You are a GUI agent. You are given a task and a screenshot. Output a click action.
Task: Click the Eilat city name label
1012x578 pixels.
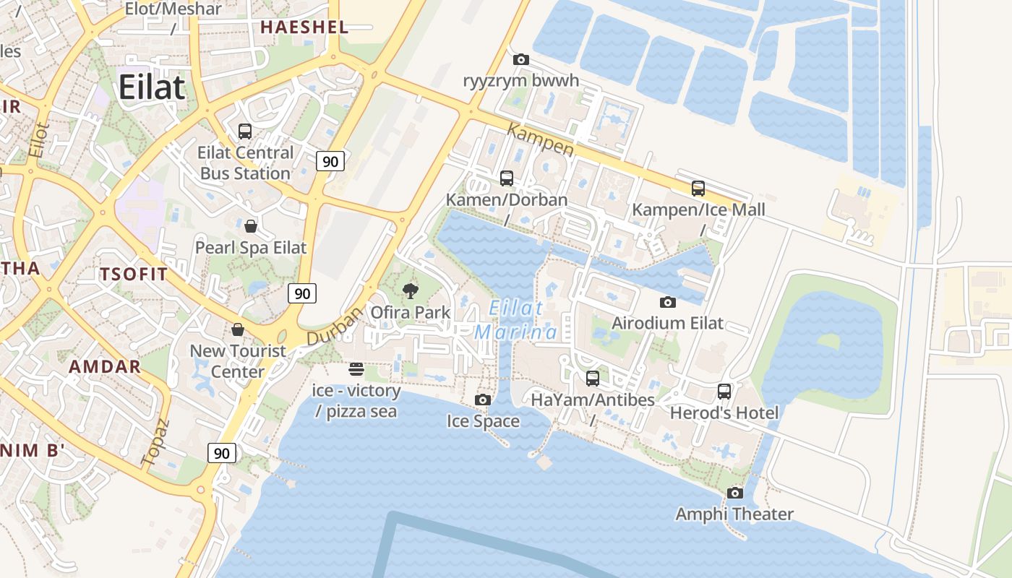pyautogui.click(x=152, y=87)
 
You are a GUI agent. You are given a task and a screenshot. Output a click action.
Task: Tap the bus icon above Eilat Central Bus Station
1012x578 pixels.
pyautogui.click(x=245, y=131)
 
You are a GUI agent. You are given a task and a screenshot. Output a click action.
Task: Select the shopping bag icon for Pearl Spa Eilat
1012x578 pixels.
pyautogui.click(x=250, y=226)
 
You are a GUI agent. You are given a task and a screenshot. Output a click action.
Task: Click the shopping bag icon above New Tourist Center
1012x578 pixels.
pyautogui.click(x=237, y=329)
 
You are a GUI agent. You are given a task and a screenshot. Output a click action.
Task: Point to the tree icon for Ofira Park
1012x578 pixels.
pyautogui.click(x=411, y=291)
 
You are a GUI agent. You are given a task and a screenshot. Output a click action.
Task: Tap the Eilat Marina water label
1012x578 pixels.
pyautogui.click(x=516, y=319)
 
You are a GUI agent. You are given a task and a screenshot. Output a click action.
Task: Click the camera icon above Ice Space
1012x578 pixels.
pyautogui.click(x=483, y=400)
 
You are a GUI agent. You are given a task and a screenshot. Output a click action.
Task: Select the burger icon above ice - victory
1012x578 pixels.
pyautogui.click(x=356, y=369)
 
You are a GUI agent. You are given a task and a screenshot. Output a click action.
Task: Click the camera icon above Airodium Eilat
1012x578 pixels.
pyautogui.click(x=667, y=302)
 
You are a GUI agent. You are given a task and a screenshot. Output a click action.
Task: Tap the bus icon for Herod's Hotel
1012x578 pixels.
pyautogui.click(x=724, y=392)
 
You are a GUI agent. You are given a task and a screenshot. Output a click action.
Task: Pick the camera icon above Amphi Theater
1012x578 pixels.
pyautogui.click(x=734, y=493)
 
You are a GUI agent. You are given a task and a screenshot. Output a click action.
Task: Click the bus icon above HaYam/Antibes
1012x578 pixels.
pyautogui.click(x=593, y=379)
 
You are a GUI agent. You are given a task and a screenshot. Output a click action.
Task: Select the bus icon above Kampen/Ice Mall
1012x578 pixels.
pyautogui.click(x=698, y=189)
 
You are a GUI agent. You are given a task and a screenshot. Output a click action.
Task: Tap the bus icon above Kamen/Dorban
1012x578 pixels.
pyautogui.click(x=507, y=178)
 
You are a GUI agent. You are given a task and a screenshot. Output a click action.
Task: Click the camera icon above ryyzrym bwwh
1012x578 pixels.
pyautogui.click(x=520, y=59)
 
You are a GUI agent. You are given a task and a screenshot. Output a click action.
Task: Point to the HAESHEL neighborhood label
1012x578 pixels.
pyautogui.click(x=304, y=27)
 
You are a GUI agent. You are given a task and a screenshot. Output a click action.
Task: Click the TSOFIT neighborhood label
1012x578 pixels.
pyautogui.click(x=134, y=275)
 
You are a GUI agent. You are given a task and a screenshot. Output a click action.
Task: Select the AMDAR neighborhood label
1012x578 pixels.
pyautogui.click(x=105, y=366)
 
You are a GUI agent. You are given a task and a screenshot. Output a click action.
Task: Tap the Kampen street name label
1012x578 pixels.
pyautogui.click(x=541, y=140)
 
